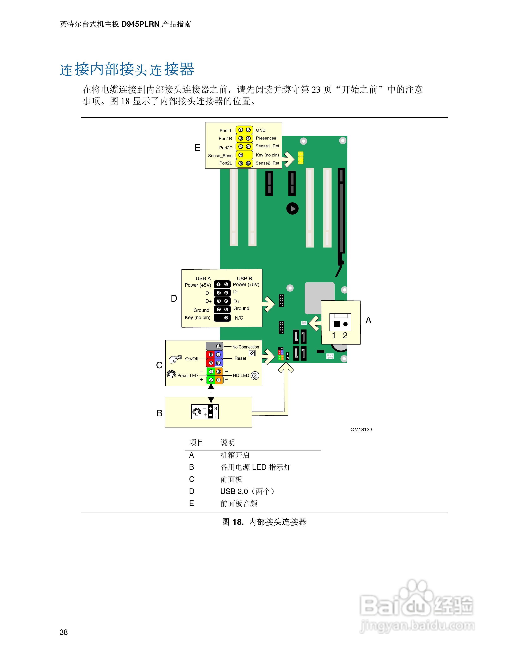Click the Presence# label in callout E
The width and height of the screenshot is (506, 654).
click(x=266, y=138)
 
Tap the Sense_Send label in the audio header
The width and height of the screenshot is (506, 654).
click(x=220, y=156)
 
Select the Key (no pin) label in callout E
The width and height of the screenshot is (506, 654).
click(x=267, y=155)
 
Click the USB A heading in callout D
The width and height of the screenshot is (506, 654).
click(x=203, y=278)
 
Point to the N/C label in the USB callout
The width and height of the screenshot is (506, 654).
click(x=239, y=318)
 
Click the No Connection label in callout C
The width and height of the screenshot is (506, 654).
click(x=246, y=347)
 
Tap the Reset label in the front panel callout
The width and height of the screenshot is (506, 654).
click(x=240, y=358)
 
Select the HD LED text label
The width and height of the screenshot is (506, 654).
click(x=241, y=376)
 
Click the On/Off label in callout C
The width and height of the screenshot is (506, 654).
click(x=192, y=358)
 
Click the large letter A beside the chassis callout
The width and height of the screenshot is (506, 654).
click(x=368, y=320)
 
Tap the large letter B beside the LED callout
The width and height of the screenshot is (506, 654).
click(x=160, y=413)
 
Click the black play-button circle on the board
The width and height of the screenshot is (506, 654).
click(x=292, y=209)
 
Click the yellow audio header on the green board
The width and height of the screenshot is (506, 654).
click(x=301, y=158)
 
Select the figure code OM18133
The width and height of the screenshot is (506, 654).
click(x=361, y=429)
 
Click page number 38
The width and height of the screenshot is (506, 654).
click(x=63, y=632)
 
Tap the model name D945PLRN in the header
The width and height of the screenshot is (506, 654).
click(x=140, y=24)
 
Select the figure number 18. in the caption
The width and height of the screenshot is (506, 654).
click(x=238, y=522)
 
